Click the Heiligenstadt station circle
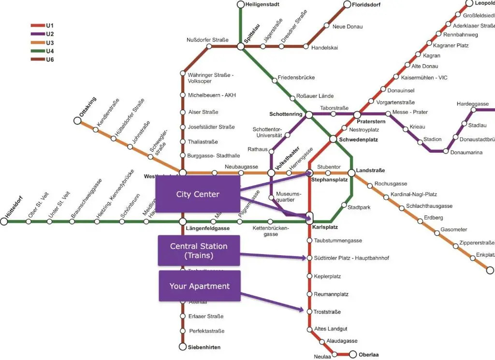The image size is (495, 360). [241, 5]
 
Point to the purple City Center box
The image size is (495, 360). [197, 194]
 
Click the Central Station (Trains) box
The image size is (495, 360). [199, 250]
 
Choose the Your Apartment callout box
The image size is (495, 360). [199, 286]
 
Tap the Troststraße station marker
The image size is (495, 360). [310, 311]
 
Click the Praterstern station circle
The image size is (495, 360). [357, 115]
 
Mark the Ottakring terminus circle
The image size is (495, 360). [77, 120]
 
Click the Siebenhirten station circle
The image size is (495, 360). [183, 346]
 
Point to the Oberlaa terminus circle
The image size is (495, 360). [353, 354]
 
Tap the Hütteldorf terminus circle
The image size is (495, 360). [4, 221]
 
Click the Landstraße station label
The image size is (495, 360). [371, 171]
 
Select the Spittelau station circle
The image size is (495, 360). [241, 46]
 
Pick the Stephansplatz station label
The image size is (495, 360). [330, 180]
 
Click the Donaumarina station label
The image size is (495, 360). [466, 152]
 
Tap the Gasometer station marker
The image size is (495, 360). [437, 233]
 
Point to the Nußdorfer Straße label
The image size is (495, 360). [207, 40]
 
